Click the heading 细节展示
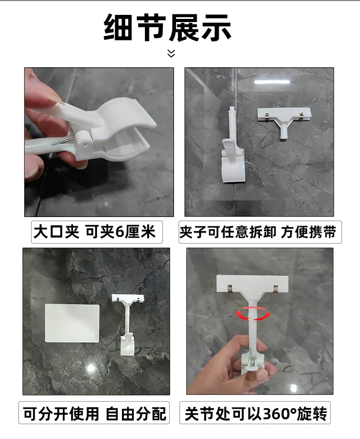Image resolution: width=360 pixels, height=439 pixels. (167, 27)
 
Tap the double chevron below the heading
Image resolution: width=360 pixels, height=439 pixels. (171, 53)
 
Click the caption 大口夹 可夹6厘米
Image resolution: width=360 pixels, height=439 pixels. (94, 232)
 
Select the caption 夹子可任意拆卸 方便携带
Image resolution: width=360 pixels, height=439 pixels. (257, 232)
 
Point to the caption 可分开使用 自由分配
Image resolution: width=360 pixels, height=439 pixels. (94, 413)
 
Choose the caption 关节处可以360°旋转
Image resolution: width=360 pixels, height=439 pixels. (256, 413)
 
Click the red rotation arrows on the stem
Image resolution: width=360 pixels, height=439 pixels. (253, 313)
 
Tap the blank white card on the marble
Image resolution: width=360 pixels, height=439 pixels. (72, 323)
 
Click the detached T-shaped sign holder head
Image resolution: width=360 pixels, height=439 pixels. (284, 120)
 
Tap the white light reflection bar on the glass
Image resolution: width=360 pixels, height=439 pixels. (272, 82)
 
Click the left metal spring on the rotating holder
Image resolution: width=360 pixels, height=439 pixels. (230, 289)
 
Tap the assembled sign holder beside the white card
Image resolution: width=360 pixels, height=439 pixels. (128, 325)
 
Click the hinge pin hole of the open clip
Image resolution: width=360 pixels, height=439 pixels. (84, 142)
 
